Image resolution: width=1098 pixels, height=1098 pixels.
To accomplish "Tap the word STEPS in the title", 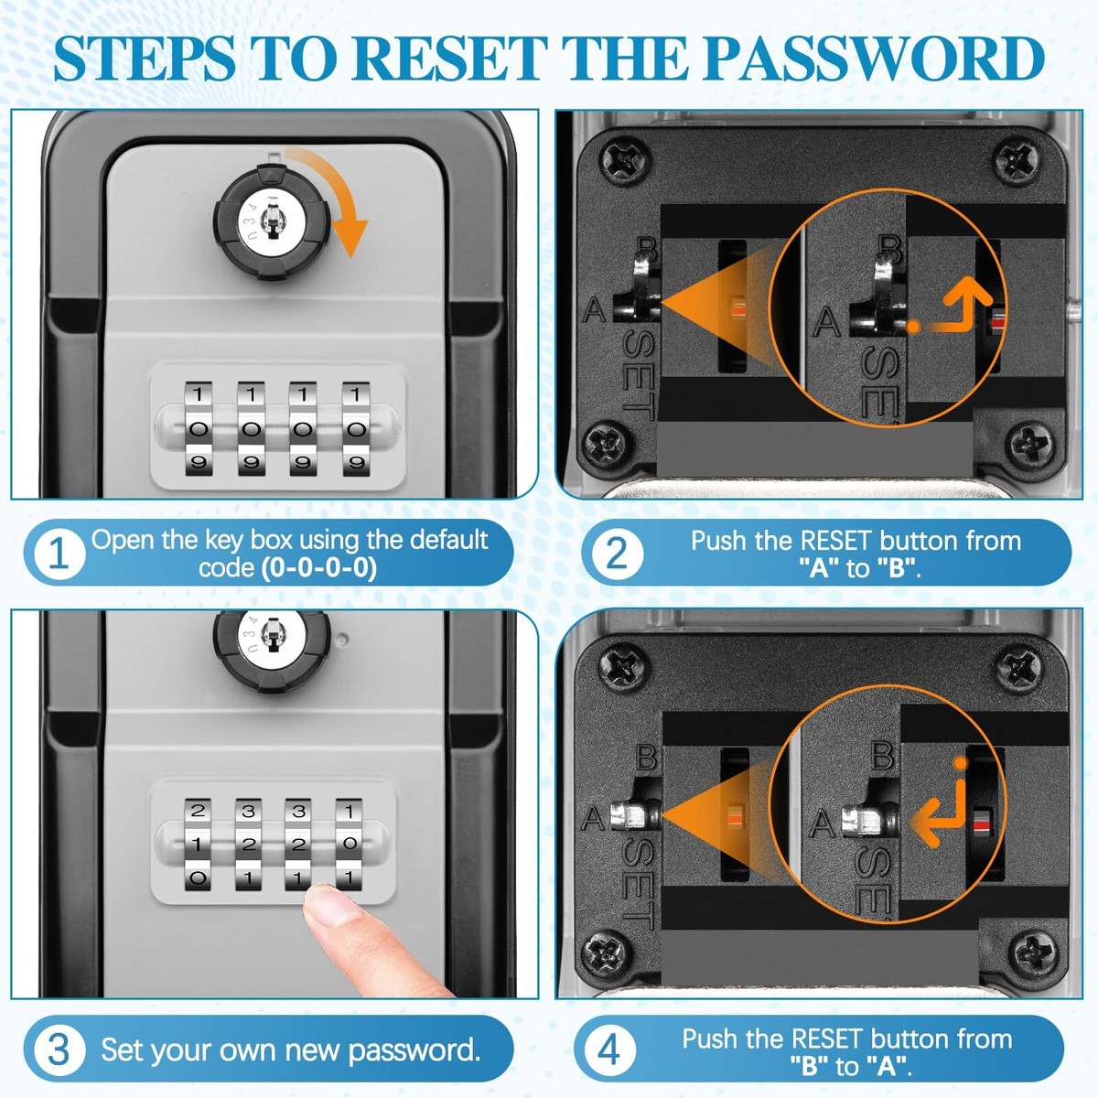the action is pos(145,59).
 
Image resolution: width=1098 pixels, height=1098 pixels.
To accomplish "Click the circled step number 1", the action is pos(59,554).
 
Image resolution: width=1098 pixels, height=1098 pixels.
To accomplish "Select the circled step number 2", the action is pos(617,554).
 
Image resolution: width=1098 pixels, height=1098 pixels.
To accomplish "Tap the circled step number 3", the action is pos(59,1050).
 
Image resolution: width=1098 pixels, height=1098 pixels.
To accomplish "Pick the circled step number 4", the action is pos(608,1050).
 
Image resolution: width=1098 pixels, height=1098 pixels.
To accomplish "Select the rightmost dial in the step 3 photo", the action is pos(350,845).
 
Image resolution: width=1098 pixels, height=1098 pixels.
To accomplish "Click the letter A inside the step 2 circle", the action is pos(827,322).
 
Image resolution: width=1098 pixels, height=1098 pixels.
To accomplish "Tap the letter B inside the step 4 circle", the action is pos(883,755).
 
